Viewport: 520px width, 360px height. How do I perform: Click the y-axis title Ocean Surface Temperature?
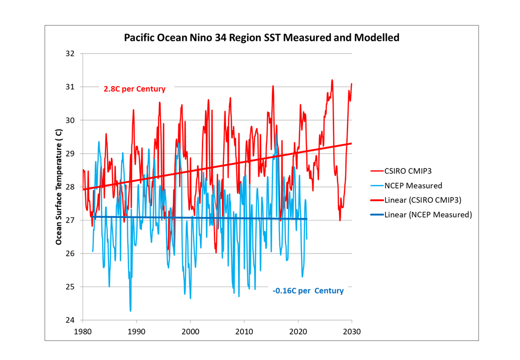point(59,187)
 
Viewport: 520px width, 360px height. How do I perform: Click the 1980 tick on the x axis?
point(82,331)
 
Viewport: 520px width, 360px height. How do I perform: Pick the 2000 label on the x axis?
point(190,331)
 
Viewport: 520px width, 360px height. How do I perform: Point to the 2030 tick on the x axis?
point(351,331)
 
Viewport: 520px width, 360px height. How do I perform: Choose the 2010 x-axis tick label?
point(244,331)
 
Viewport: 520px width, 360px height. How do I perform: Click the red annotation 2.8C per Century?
point(134,89)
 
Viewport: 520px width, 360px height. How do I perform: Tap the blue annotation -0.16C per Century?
point(308,290)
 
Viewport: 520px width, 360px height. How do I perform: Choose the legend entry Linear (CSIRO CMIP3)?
point(422,200)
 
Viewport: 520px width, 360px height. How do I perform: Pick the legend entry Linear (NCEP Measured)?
point(428,215)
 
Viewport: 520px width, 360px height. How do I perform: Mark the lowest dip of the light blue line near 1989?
point(130,311)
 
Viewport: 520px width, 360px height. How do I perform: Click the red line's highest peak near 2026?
point(332,80)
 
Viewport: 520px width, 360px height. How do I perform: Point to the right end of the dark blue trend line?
point(306,219)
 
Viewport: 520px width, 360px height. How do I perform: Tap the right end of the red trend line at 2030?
point(351,143)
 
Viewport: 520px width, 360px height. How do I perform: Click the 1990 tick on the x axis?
point(136,331)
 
